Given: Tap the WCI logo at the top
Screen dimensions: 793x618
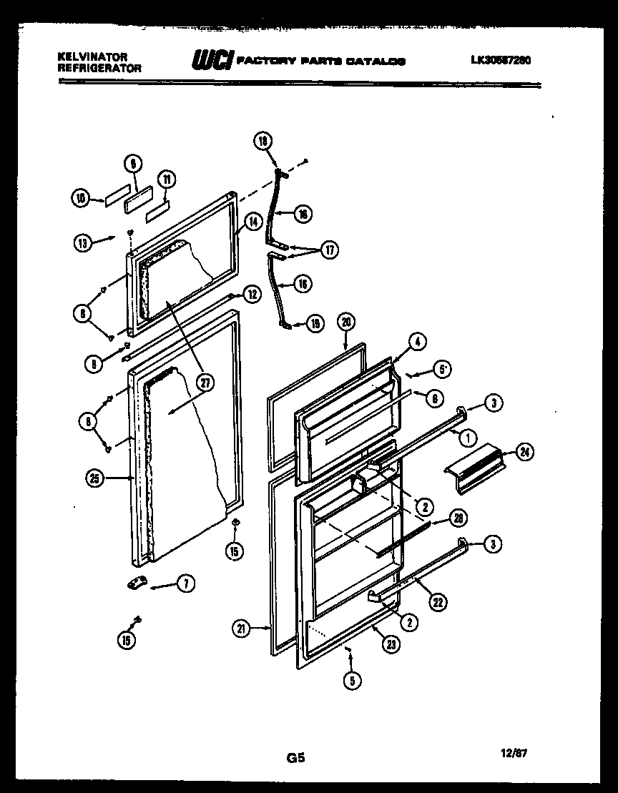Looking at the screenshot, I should (211, 61).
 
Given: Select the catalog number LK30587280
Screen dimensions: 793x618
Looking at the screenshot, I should (500, 61).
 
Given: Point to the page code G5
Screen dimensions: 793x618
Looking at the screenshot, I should (297, 758).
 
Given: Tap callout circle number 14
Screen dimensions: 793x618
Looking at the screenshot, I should (252, 222).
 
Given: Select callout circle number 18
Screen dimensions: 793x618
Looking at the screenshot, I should (263, 142).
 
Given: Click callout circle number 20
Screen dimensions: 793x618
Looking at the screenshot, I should (345, 322).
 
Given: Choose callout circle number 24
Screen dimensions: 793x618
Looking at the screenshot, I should (526, 453).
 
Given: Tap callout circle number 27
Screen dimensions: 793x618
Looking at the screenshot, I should (206, 383).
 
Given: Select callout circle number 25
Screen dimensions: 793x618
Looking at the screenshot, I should (93, 480).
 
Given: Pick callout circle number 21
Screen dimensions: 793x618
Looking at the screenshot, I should (240, 629).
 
